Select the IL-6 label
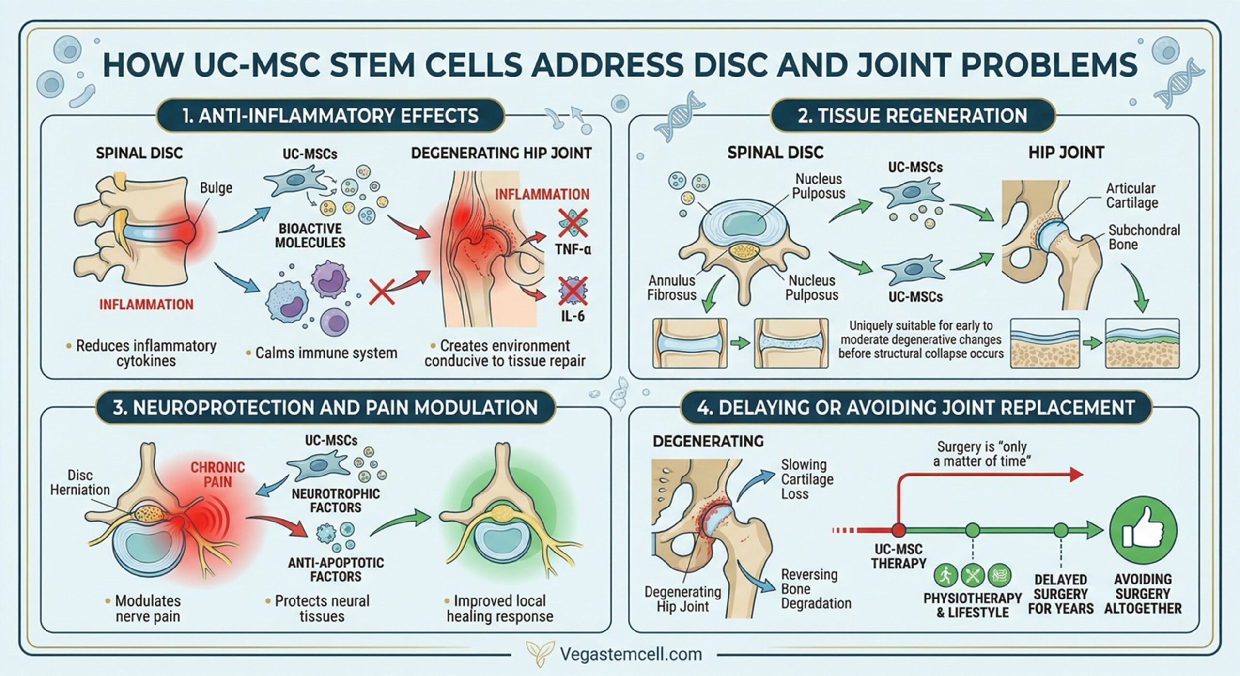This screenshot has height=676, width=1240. pyautogui.click(x=572, y=316)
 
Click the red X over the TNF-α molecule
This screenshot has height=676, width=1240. pyautogui.click(x=573, y=223)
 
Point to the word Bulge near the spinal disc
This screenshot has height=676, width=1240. pyautogui.click(x=216, y=188)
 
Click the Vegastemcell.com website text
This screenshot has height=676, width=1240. pyautogui.click(x=631, y=654)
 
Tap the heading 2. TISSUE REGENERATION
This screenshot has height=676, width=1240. pyautogui.click(x=913, y=116)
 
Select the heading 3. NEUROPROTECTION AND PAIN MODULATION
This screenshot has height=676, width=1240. pyautogui.click(x=325, y=407)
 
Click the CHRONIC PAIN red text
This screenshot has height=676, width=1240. pyautogui.click(x=217, y=475)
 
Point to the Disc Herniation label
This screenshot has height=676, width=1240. pyautogui.click(x=80, y=482)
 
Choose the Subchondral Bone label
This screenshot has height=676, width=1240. pyautogui.click(x=1144, y=237)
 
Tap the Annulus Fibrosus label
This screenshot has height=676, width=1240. pyautogui.click(x=671, y=287)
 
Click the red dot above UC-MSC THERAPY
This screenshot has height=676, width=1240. pyautogui.click(x=899, y=530)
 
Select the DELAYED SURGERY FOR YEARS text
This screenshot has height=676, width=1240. pyautogui.click(x=1060, y=594)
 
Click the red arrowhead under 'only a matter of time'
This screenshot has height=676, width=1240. pyautogui.click(x=1076, y=474)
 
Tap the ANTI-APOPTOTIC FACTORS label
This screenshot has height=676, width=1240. pyautogui.click(x=336, y=569)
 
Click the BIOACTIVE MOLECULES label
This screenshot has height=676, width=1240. pyautogui.click(x=310, y=235)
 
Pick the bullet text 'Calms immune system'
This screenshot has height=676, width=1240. pyautogui.click(x=325, y=353)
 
